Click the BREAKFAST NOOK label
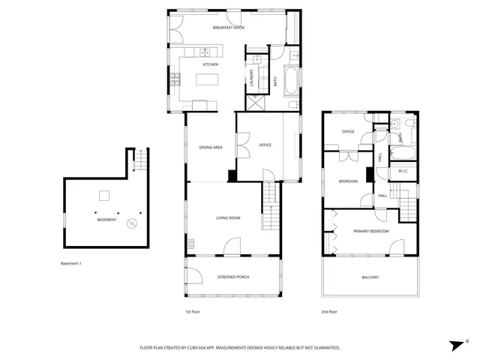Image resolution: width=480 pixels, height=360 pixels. [229, 28]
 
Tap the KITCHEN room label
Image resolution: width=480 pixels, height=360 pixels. [210, 64]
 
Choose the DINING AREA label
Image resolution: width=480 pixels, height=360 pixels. [210, 147]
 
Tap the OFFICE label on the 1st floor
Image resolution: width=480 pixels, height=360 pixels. [265, 145]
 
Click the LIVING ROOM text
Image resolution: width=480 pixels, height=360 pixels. [228, 218]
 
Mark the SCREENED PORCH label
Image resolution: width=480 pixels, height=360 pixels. [233, 277]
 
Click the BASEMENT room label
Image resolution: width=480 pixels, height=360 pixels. [106, 220]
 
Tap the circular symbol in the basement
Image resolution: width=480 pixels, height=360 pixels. [132, 223]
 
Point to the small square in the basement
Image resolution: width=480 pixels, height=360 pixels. [106, 196]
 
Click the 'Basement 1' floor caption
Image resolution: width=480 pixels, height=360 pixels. [70, 264]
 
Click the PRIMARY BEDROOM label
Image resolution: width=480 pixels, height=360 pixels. [371, 232]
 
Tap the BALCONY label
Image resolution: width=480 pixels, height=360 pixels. [370, 278]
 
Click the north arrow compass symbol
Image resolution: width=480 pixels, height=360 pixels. [454, 344]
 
